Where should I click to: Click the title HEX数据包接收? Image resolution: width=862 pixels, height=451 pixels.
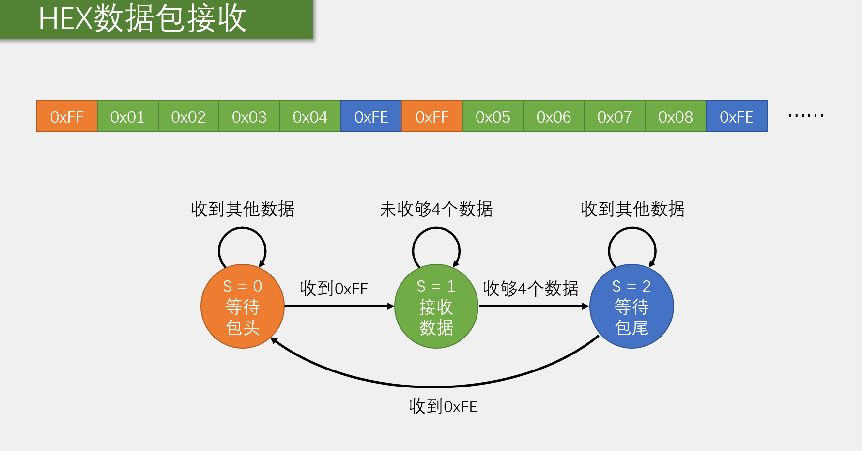point(142,19)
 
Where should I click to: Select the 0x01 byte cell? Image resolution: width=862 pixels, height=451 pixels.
point(128,116)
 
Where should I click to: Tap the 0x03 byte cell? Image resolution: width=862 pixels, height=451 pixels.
point(249,116)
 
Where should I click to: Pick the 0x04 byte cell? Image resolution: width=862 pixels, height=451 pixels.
point(310,116)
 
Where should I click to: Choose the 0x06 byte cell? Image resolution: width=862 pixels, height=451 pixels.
point(554,116)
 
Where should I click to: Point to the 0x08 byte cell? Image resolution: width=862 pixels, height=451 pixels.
point(676,116)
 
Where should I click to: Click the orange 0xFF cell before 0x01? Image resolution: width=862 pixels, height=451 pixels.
point(67,116)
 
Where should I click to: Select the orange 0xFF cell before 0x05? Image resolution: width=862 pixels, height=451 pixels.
point(432,116)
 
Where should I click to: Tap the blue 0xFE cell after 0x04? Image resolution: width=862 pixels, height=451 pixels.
point(371,116)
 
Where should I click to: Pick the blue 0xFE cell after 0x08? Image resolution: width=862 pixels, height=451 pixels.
point(737,116)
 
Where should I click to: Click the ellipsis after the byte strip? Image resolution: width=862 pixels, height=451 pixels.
point(806,116)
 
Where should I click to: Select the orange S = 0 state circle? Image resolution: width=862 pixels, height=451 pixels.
point(243,306)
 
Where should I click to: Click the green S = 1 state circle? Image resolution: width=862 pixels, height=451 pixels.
point(436,306)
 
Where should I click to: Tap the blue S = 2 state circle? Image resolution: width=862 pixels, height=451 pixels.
point(631,306)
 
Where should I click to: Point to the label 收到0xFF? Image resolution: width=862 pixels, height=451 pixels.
point(334,289)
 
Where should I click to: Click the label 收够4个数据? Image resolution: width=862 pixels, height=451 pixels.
point(531,289)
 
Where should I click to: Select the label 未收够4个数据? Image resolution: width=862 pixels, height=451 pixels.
point(436,209)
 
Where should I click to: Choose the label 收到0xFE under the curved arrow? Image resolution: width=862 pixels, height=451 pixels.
point(443,406)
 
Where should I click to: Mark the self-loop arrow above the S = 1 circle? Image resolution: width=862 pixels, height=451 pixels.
point(436,230)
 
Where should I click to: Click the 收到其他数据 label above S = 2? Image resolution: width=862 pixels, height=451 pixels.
point(632,209)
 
